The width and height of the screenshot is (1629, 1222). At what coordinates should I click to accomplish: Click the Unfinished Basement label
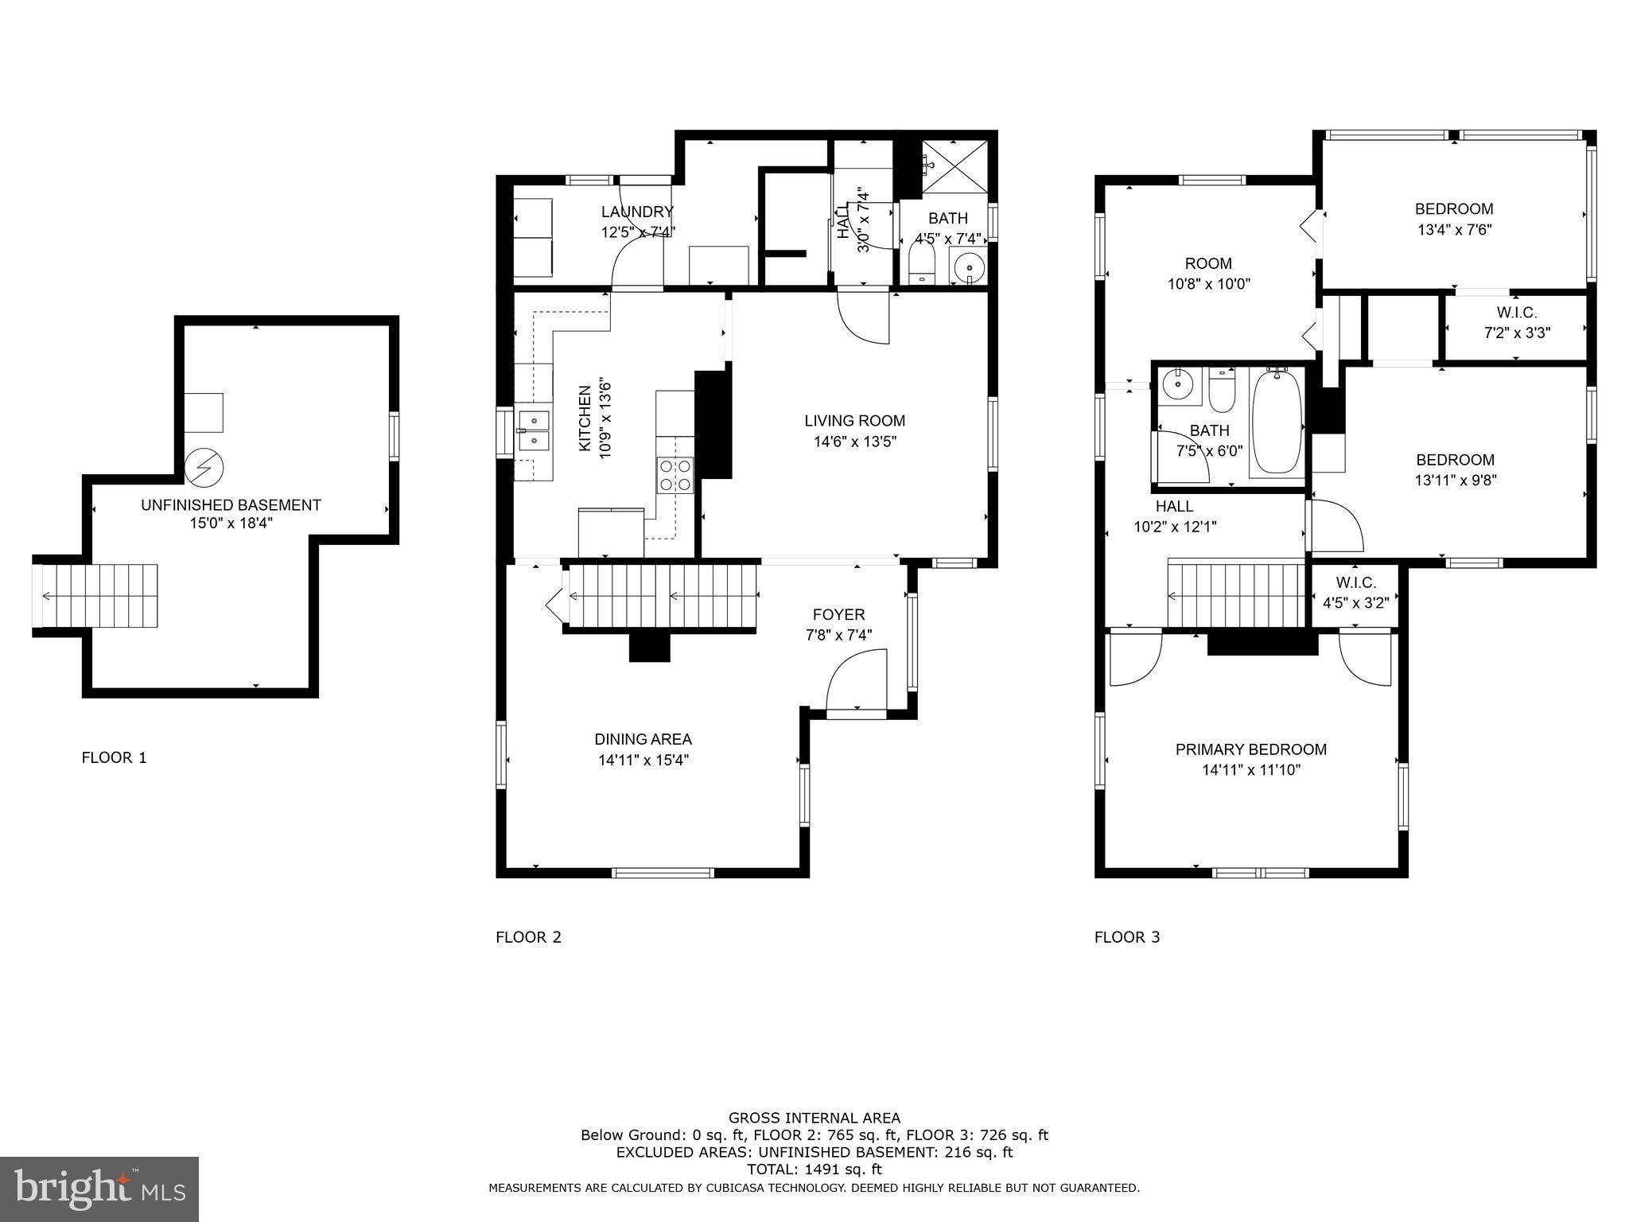pos(231,504)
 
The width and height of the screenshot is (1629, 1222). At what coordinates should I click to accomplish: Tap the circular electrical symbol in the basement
pos(204,468)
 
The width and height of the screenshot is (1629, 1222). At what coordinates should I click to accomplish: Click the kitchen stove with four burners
pos(675,475)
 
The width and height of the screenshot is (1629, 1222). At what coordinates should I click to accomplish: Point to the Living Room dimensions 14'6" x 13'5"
pos(854,442)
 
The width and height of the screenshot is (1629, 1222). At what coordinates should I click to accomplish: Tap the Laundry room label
pos(637,212)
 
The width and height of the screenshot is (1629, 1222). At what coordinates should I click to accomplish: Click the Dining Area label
pos(643,739)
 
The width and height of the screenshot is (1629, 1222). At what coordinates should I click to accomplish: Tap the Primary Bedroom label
pos(1250,749)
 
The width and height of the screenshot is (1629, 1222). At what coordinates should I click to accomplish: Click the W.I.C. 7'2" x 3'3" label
pos(1516,323)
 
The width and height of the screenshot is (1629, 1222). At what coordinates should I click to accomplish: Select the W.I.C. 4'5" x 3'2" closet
pos(1355,593)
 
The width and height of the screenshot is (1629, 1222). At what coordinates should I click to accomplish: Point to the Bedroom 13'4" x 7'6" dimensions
pos(1453,230)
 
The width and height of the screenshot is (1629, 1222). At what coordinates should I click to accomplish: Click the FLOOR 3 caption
pos(1126,937)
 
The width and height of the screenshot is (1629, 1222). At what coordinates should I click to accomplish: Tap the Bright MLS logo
pos(99,1189)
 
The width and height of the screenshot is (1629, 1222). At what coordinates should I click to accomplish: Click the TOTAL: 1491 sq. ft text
pos(814,1169)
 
